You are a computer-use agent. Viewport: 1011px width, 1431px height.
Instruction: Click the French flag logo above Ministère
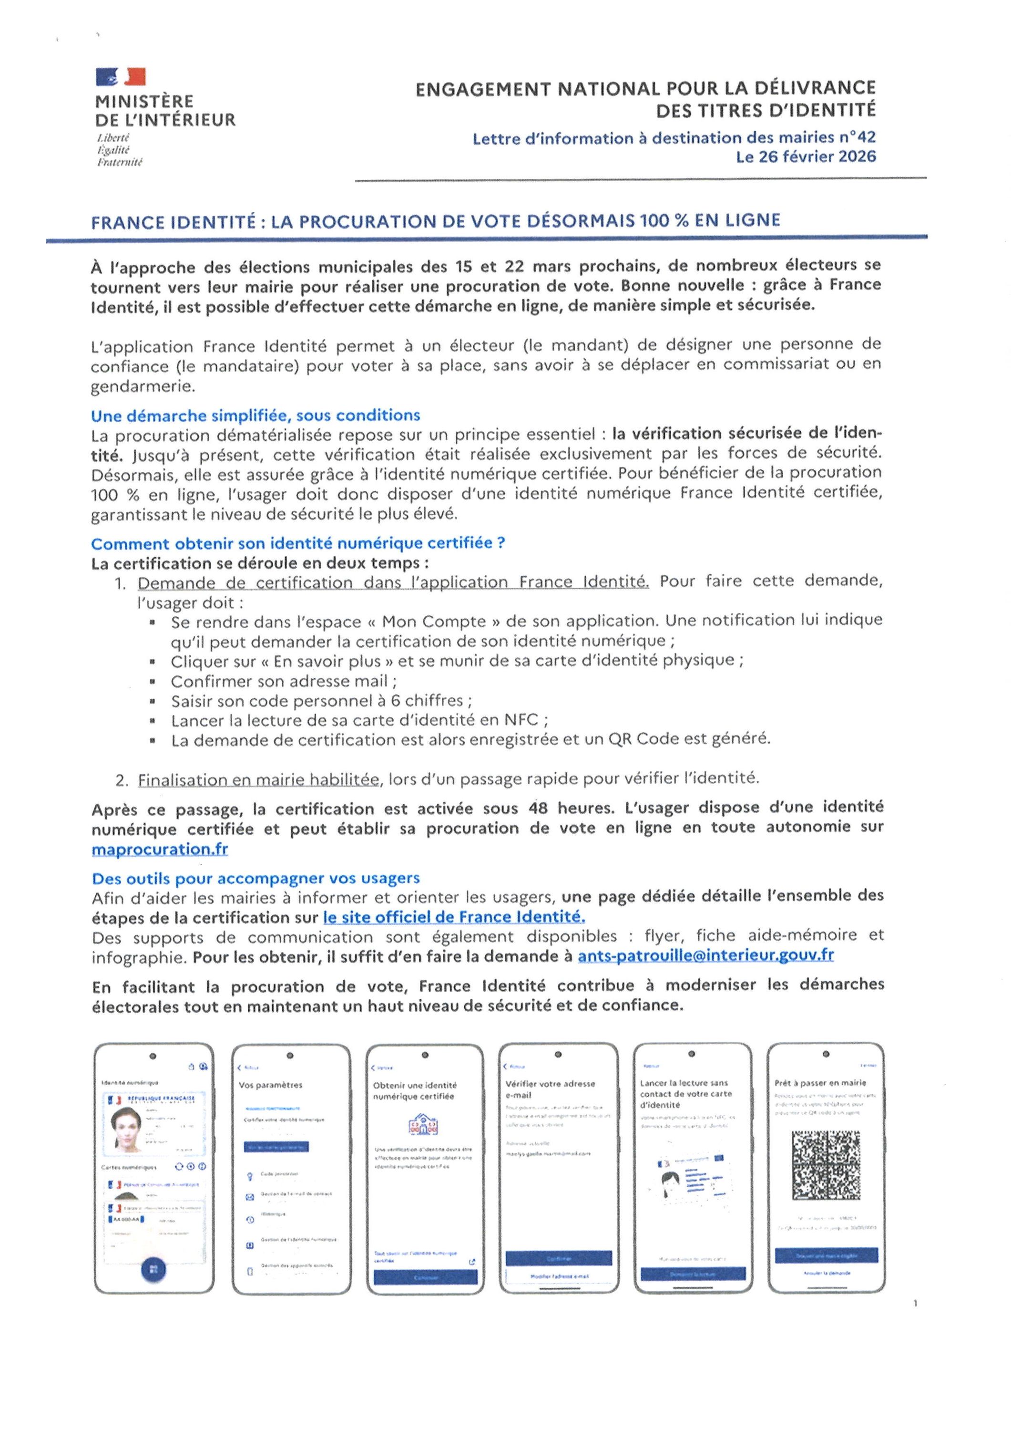pyautogui.click(x=121, y=77)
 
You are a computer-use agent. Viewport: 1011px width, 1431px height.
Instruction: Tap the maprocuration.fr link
pyautogui.click(x=160, y=849)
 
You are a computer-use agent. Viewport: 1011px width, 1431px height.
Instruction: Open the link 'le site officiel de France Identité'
pyautogui.click(x=453, y=917)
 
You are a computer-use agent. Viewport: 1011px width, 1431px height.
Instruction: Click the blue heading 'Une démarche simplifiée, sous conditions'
pyautogui.click(x=255, y=416)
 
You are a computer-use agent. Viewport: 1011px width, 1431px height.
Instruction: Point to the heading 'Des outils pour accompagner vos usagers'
pyautogui.click(x=255, y=878)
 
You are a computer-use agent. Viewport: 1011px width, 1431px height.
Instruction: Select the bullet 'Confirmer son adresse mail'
pyautogui.click(x=284, y=681)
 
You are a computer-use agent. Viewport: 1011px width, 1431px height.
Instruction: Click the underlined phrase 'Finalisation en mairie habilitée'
pyautogui.click(x=258, y=780)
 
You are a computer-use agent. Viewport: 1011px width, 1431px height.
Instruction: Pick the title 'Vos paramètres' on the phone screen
pyautogui.click(x=270, y=1085)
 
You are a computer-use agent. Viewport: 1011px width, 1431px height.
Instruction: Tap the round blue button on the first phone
pyautogui.click(x=153, y=1270)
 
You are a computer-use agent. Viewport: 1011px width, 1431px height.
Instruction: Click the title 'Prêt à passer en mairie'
pyautogui.click(x=820, y=1083)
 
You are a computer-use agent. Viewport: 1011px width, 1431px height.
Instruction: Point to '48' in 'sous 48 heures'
pyautogui.click(x=538, y=809)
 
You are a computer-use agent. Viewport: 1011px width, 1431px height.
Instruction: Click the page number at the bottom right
pyautogui.click(x=915, y=1303)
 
